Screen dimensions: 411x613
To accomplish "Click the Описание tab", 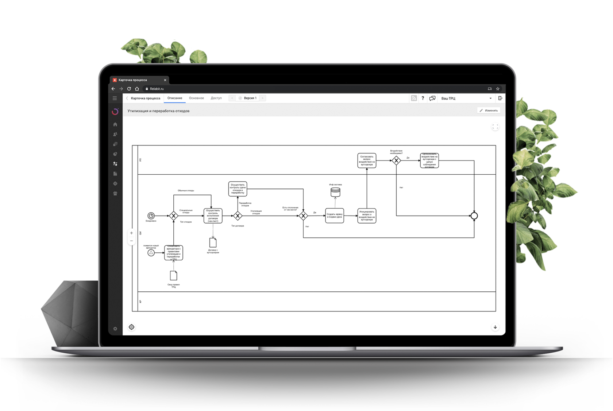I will pos(175,98).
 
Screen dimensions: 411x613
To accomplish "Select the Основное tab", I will pos(196,98).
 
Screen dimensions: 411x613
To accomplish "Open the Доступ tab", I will pos(216,98).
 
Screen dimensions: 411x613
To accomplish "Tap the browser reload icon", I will pos(129,89).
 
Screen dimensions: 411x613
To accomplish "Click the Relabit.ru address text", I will pos(157,89).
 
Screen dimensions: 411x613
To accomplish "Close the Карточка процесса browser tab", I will pos(165,80).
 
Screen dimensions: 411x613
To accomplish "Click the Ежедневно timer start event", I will pos(151,216).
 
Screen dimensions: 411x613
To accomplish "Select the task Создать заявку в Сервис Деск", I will pos(335,216).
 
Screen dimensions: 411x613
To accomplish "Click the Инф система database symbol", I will pos(335,192).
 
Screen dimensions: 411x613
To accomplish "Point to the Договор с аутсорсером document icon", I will pos(213,243).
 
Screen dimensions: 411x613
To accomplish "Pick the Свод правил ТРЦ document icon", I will pos(174,275).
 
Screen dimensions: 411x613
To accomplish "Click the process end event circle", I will pos(474,216).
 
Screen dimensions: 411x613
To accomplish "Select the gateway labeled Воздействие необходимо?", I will pos(396,160).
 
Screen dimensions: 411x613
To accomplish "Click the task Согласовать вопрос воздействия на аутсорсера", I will pos(367,160).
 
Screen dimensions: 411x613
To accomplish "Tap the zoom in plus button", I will pos(131,233).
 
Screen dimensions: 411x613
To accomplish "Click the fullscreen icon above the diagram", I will pos(495,127).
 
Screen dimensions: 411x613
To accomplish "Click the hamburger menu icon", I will pos(115,98).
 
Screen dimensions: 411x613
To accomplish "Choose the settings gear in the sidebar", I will pos(115,329).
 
